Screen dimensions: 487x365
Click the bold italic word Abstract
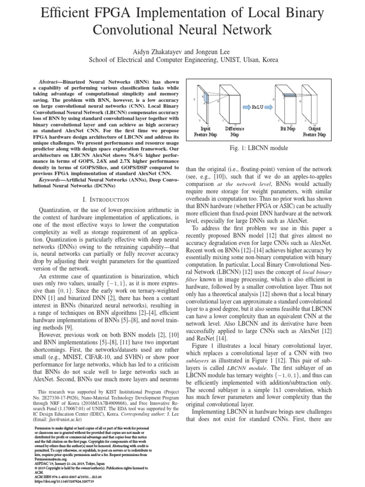(52, 82)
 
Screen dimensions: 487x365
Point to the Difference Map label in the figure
(234, 132)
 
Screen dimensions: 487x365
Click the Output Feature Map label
(314, 132)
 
